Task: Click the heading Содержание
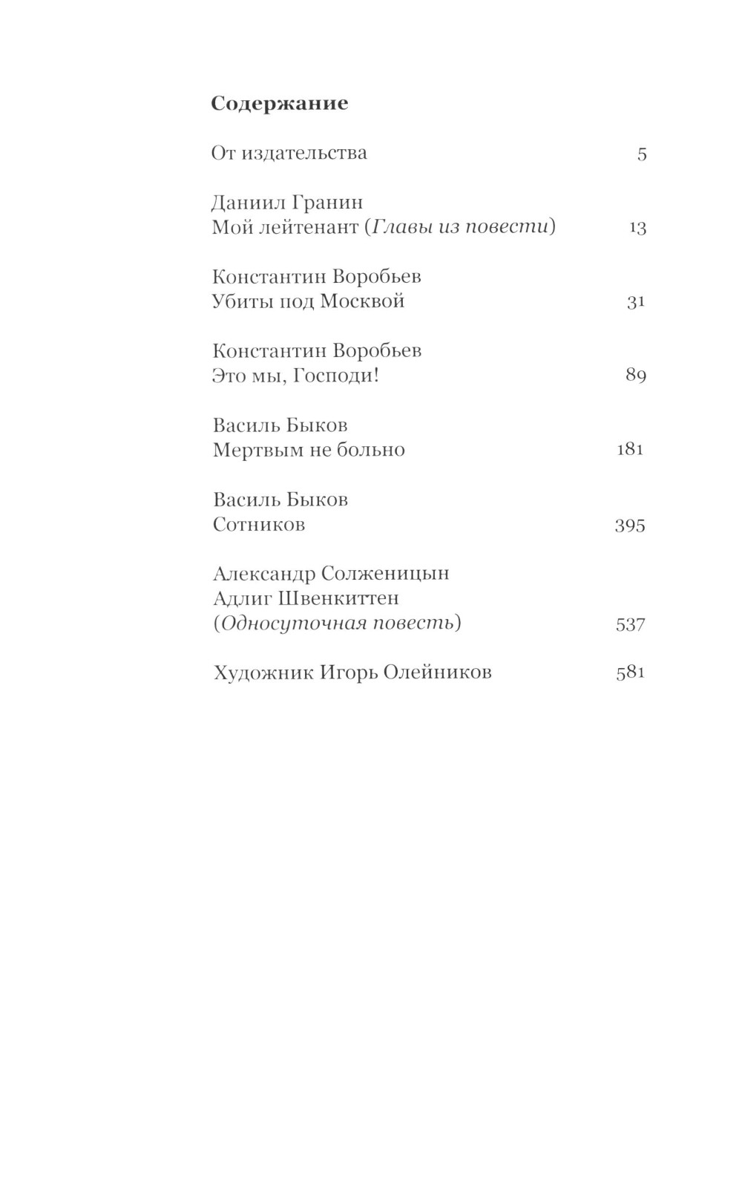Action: [279, 103]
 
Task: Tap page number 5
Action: [642, 154]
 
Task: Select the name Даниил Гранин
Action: [287, 203]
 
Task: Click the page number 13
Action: [637, 228]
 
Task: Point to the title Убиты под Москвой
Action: [308, 301]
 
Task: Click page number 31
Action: [635, 302]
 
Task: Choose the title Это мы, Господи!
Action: [295, 376]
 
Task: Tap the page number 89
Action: [636, 376]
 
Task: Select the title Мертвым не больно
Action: [309, 450]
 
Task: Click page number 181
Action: [630, 449]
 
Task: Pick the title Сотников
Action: [259, 525]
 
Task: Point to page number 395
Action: [630, 526]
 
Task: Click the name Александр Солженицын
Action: [331, 574]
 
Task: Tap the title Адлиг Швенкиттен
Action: [306, 598]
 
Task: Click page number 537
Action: [631, 624]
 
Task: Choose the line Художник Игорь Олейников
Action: [352, 673]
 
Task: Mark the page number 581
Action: [631, 673]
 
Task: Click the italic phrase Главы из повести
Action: [460, 227]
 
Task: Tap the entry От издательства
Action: [289, 154]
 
